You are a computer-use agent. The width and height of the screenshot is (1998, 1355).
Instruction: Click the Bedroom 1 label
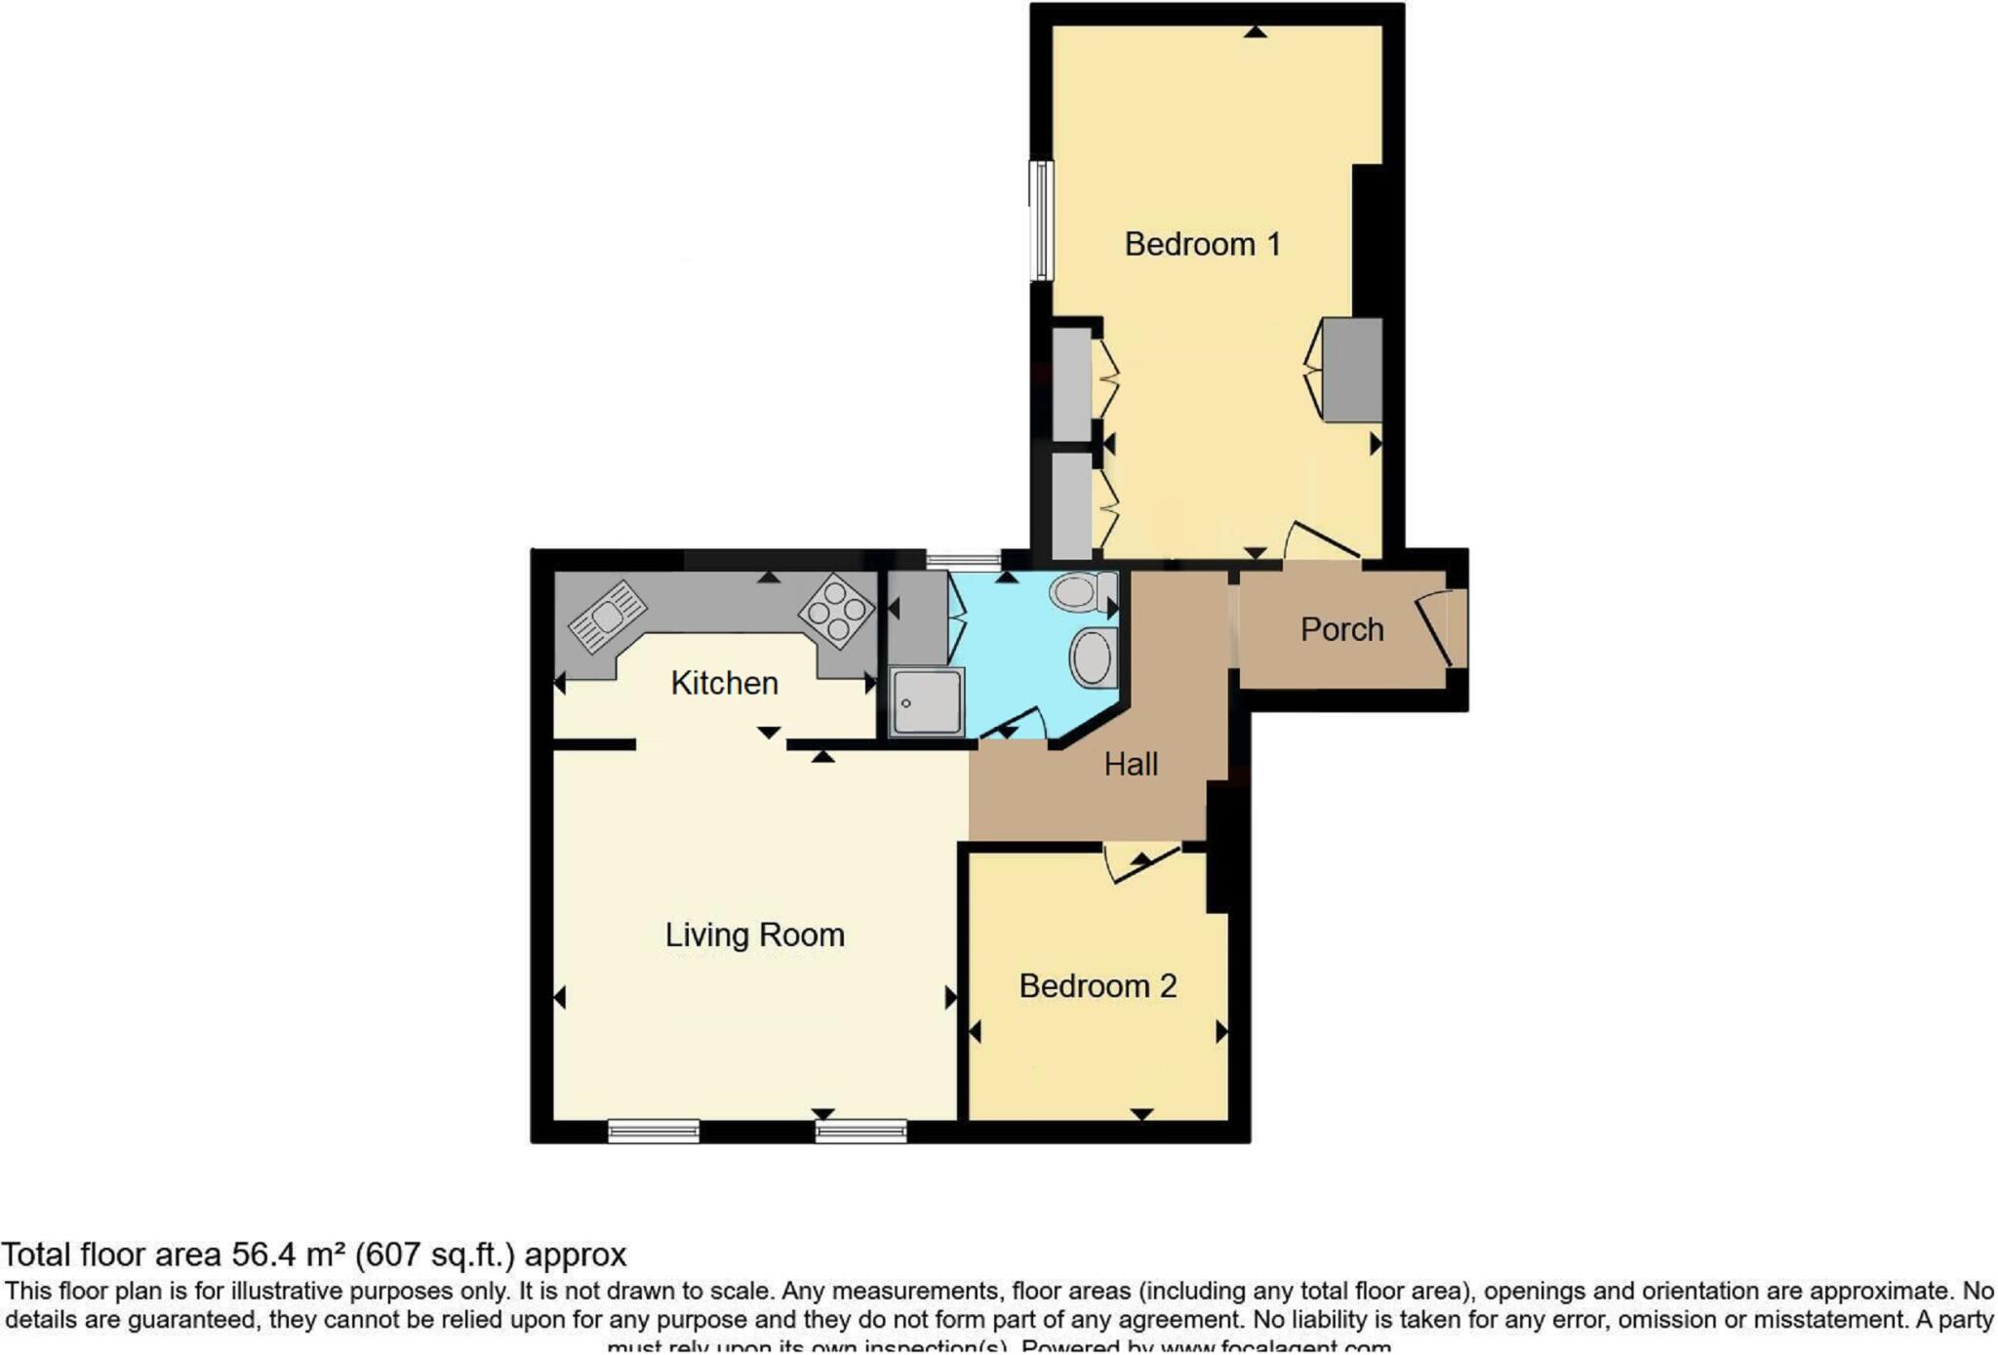click(x=1202, y=244)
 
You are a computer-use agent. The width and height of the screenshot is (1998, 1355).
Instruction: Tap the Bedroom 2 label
click(x=1098, y=986)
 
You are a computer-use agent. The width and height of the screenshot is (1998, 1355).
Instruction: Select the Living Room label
click(x=754, y=935)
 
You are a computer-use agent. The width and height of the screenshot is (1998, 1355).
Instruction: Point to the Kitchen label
click(x=724, y=683)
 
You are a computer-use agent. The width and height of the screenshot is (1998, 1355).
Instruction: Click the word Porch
click(x=1341, y=629)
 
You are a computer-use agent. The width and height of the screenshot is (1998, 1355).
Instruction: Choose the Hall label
click(x=1131, y=764)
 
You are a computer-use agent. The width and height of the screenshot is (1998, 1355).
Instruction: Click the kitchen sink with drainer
click(x=608, y=617)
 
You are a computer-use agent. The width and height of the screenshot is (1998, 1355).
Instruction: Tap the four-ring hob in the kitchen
click(x=837, y=612)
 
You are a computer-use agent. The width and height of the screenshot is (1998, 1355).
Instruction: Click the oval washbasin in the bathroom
click(x=1093, y=657)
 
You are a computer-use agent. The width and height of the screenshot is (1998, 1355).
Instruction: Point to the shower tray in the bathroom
click(x=926, y=701)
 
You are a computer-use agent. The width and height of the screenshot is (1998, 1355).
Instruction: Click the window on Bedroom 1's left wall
click(x=1042, y=220)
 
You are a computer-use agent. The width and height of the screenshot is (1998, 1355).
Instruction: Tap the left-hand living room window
click(x=653, y=1132)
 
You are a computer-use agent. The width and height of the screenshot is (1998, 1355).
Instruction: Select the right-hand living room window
click(x=861, y=1132)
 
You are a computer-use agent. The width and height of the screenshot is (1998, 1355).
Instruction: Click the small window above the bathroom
click(x=963, y=561)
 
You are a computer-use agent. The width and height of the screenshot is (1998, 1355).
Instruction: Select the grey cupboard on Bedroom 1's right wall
click(x=1352, y=370)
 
